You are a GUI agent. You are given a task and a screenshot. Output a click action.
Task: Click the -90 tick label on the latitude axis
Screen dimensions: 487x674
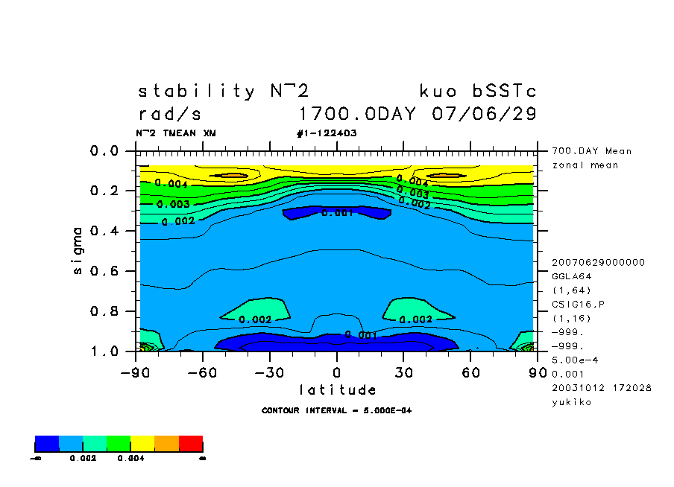point(135,372)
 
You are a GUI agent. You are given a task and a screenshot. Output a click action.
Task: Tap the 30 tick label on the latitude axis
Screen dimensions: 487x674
point(403,372)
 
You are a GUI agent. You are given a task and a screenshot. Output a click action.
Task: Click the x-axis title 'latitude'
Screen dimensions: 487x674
point(337,389)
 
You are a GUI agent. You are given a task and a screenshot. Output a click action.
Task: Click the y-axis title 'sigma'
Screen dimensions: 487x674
point(78,251)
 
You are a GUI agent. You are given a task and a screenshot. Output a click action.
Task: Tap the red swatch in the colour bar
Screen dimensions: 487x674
point(191,445)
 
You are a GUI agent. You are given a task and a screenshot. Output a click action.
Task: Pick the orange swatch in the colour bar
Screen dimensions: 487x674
point(166,445)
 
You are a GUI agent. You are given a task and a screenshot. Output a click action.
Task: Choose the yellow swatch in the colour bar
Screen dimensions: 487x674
point(142,445)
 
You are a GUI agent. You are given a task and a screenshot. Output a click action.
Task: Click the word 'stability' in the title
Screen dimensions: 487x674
point(197,92)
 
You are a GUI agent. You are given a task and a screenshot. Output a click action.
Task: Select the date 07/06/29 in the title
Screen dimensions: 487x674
point(484,115)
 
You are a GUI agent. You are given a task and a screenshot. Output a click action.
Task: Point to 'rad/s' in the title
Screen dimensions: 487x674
point(169,115)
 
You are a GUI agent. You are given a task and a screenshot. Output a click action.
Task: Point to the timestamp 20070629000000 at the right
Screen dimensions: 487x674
point(598,262)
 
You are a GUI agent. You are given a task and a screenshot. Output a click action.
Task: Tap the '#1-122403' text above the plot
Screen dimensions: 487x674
point(327,133)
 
